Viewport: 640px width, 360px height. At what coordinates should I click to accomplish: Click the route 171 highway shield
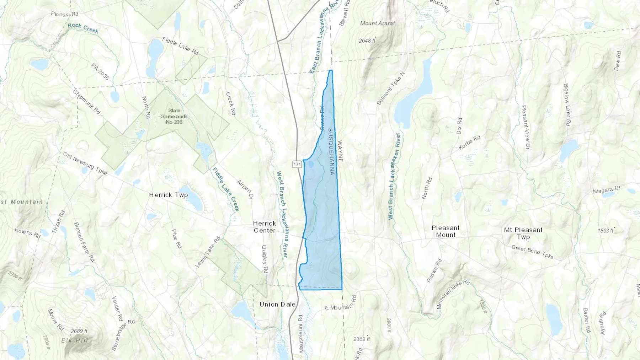pos(297,164)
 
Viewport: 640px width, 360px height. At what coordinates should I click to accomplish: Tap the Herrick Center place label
pos(264,227)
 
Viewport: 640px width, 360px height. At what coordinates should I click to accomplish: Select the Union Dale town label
pos(277,304)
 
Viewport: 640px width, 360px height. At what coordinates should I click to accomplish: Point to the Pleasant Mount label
pos(446,231)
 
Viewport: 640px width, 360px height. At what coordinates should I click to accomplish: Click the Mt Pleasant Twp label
pos(523,233)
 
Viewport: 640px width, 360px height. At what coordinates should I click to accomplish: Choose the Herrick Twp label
pos(168,195)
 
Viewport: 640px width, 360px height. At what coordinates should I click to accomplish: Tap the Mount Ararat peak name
pos(377,23)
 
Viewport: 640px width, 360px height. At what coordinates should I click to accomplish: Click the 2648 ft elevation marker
pos(367,41)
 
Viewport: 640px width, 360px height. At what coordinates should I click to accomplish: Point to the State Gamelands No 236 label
pos(174,116)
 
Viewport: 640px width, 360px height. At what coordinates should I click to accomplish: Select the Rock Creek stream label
pos(83,28)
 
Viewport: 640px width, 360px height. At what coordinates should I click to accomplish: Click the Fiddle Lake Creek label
pos(226,189)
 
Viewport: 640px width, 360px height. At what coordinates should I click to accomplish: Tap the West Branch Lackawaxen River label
pos(394,176)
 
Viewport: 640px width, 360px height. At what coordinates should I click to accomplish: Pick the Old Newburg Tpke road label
pos(85,163)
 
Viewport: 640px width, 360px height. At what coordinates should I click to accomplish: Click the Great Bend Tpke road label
pos(532,252)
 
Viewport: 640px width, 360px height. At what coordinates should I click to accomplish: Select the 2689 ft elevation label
pos(79,331)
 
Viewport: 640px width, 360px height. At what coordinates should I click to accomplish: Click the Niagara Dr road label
pos(606,190)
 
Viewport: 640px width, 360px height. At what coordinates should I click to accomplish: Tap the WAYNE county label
pos(340,151)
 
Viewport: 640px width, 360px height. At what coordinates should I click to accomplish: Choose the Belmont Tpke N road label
pos(390,88)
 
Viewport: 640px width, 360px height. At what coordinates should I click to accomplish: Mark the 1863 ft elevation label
pos(606,230)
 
